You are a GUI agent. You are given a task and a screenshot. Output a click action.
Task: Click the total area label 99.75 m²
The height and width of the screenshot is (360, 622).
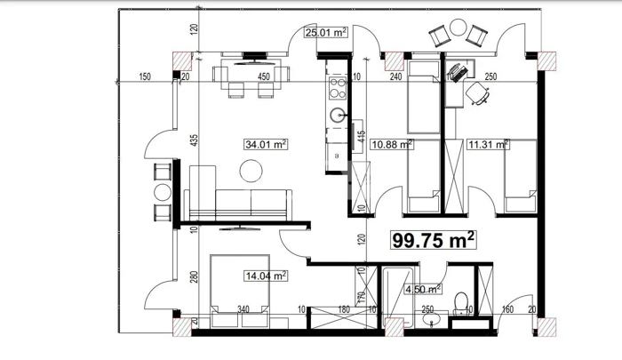[x=434, y=240]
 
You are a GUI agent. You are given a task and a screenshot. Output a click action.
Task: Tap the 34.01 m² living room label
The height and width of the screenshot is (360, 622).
[x=266, y=144]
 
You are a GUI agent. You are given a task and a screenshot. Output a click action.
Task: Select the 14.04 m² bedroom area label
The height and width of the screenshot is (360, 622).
[x=266, y=276]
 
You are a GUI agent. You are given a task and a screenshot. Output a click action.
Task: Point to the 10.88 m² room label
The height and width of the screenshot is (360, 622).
[x=392, y=144]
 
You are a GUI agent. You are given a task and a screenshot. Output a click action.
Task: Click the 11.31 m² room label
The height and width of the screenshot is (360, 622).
[x=489, y=144]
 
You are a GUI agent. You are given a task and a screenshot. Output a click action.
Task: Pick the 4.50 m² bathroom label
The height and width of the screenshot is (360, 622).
[x=423, y=290]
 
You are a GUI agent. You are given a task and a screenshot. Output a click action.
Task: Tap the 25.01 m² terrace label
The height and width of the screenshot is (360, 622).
[x=326, y=32]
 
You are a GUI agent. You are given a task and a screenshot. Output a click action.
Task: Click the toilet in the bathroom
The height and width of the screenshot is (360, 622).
[x=461, y=304]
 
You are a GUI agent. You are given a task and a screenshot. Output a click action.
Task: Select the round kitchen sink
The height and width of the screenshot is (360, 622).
[x=337, y=116]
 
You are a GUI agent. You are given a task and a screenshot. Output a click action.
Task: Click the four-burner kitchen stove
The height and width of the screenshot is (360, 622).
[x=338, y=88]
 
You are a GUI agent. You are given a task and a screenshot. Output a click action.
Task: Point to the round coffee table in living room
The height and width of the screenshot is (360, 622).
[x=251, y=171]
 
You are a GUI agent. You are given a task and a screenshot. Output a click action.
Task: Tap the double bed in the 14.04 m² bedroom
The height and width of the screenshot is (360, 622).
[x=240, y=291]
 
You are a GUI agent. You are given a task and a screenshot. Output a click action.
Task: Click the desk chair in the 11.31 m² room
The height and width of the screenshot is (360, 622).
[x=478, y=93]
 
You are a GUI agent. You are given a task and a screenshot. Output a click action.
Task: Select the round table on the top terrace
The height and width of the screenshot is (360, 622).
[x=459, y=28]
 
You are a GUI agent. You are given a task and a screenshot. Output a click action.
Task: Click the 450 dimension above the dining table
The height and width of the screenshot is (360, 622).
[x=263, y=76]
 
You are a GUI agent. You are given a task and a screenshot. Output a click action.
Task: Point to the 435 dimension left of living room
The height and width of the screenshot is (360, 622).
[x=194, y=141]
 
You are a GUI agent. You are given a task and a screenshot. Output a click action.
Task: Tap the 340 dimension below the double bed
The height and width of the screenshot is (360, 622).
[x=243, y=309]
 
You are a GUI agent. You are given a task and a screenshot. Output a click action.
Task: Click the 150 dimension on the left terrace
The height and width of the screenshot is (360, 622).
[x=145, y=76]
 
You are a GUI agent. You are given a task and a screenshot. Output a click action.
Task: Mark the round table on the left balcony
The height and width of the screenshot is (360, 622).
[x=163, y=193]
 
